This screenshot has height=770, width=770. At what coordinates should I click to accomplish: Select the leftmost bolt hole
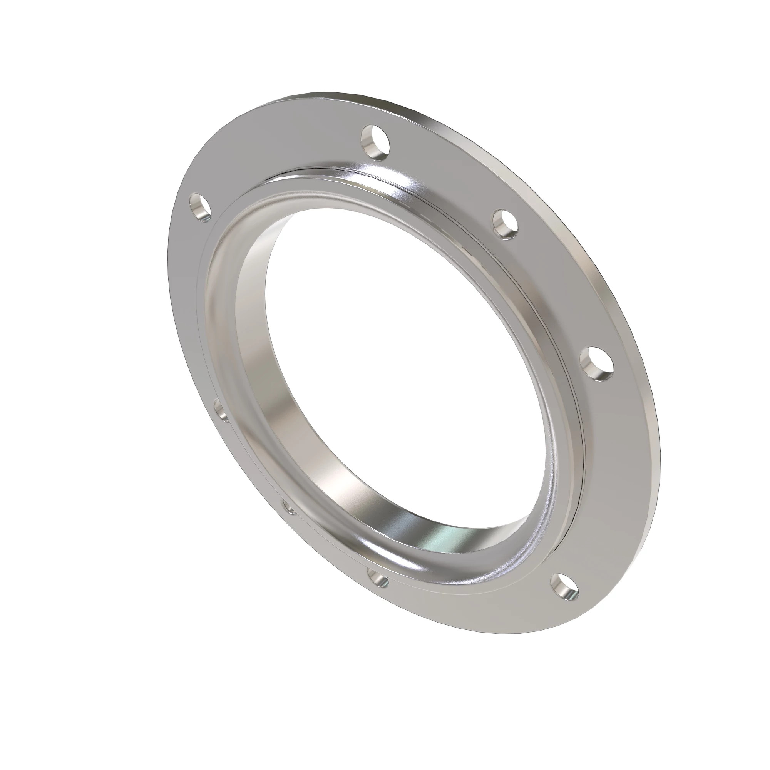(200, 207)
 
